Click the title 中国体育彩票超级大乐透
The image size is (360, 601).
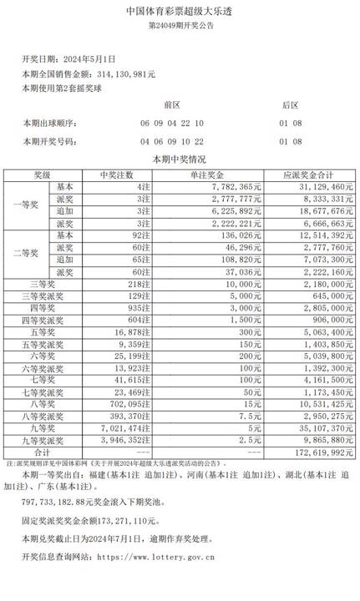pos(179,12)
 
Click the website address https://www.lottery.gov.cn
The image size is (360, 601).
pos(157,553)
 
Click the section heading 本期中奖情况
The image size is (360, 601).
pos(179,159)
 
